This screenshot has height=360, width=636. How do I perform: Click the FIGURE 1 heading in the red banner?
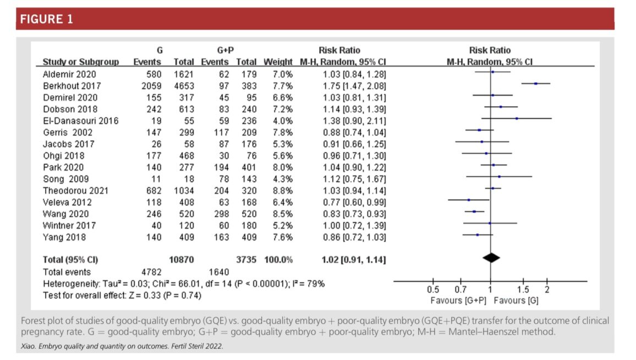pos(47,19)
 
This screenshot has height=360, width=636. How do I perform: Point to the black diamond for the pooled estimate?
pos(491,257)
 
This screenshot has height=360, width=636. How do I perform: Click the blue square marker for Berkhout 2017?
pos(535,83)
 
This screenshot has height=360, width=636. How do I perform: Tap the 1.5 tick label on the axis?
pos(523,291)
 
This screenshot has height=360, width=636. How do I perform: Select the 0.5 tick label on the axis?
pos(433,291)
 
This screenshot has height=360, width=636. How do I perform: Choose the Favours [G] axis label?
pos(516,301)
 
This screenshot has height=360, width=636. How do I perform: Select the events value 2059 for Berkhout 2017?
pos(148,86)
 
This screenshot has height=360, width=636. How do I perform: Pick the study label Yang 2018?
pos(62,237)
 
